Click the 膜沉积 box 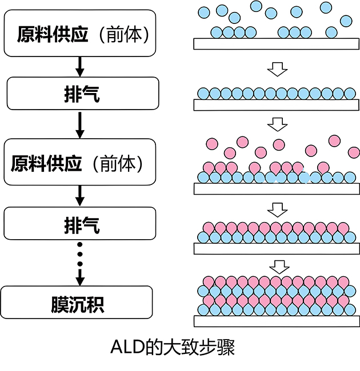(77, 302)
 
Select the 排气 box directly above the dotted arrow (80, 223)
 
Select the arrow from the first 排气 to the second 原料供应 (80, 126)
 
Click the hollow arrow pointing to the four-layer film (278, 267)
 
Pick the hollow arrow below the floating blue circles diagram (278, 70)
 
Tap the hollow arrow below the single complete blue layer (278, 123)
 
